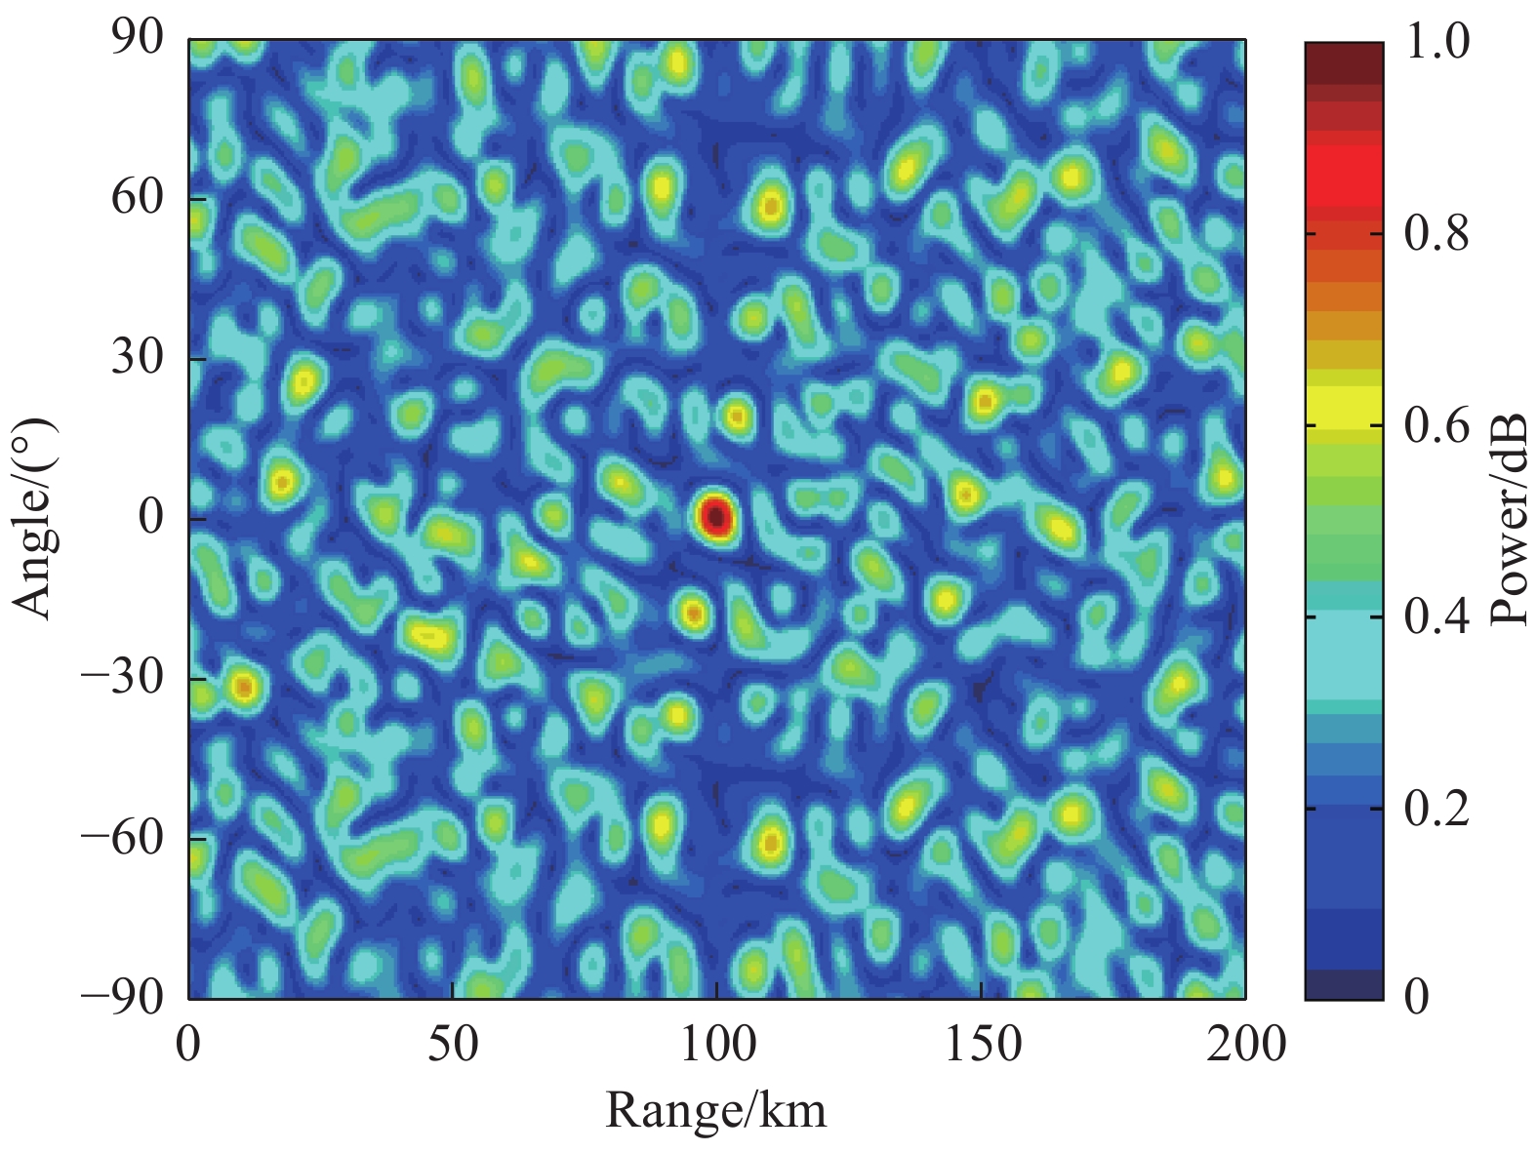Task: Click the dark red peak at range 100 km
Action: click(x=716, y=517)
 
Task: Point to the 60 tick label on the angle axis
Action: click(x=138, y=198)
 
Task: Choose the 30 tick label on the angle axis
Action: click(x=138, y=358)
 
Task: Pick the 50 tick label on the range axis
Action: click(x=453, y=1045)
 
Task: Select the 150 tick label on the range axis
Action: click(x=981, y=1045)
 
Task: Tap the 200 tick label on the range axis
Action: click(x=1246, y=1045)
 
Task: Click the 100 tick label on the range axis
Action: click(x=717, y=1045)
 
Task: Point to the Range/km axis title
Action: click(x=716, y=1110)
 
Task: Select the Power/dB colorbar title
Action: click(x=1508, y=519)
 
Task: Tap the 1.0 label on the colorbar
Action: click(x=1437, y=43)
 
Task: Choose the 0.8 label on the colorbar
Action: click(x=1437, y=234)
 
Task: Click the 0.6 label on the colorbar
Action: click(x=1437, y=425)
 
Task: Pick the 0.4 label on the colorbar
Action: click(x=1437, y=616)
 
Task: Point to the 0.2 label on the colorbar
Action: click(x=1437, y=808)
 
